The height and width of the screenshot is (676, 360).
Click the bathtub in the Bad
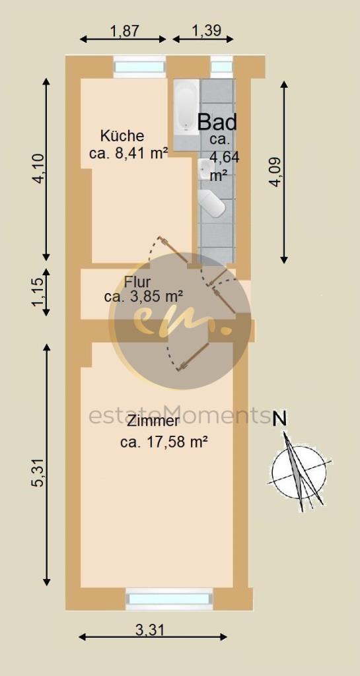pos(186,106)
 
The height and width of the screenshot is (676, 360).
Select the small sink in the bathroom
pos(204,170)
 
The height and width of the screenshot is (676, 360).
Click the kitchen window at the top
pos(139,67)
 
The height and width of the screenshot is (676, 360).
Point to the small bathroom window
pos(221,67)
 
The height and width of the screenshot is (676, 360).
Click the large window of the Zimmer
pos(170,598)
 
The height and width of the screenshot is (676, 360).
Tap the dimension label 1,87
pos(124,30)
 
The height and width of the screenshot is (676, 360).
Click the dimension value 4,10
pos(40,170)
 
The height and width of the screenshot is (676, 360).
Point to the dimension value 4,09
pos(275,171)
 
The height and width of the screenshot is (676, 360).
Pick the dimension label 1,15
pos(38,292)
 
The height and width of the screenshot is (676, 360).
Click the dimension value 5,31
pos(38,473)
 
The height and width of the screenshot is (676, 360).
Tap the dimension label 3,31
pos(150,630)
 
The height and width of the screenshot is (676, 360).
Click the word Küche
pos(122,136)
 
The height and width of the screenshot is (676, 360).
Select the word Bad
pos(217,122)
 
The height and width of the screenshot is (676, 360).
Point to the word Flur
pos(137,283)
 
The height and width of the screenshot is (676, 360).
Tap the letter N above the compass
pos(280,419)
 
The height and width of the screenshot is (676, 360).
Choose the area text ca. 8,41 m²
pos(128,153)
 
